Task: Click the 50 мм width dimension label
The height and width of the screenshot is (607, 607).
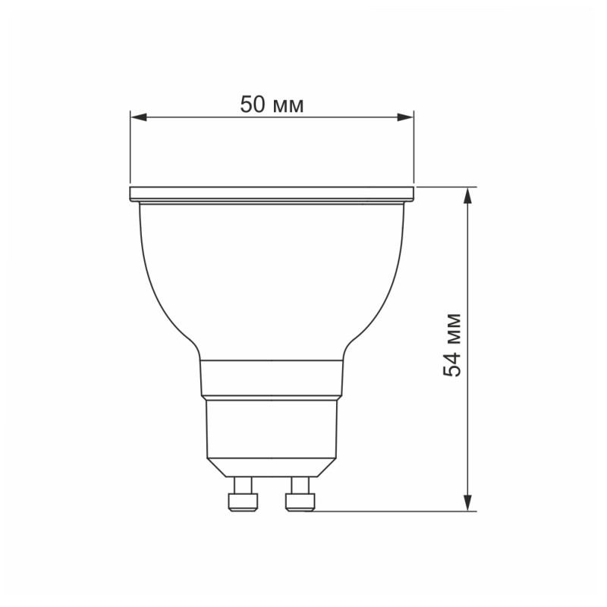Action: [272, 105]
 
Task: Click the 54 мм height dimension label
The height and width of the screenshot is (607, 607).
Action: [453, 344]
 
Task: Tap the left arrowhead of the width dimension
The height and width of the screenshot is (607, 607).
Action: [137, 117]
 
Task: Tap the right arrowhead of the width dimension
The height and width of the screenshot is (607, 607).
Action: [407, 117]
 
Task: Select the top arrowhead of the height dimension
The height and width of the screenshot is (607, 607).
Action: [469, 195]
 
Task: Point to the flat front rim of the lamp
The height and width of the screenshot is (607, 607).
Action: [272, 193]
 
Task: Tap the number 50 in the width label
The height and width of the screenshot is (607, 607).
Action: [253, 105]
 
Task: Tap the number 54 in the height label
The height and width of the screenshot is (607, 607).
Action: [453, 363]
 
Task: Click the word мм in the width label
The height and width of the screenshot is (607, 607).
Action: [288, 106]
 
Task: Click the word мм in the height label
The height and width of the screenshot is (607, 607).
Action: [453, 326]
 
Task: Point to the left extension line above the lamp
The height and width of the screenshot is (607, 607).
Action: [130, 148]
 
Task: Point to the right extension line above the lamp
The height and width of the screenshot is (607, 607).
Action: [414, 148]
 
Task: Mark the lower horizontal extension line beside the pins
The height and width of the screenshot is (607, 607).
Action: [395, 511]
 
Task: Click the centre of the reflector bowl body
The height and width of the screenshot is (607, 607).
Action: [272, 281]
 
